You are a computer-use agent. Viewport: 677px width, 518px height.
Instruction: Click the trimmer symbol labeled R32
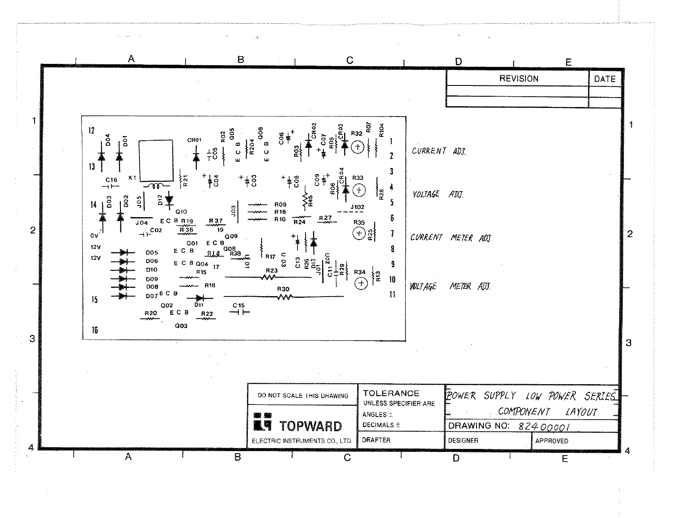(x=357, y=148)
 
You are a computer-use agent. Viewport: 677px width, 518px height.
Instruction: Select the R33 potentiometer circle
(x=358, y=190)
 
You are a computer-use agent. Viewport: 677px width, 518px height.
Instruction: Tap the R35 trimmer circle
(x=359, y=234)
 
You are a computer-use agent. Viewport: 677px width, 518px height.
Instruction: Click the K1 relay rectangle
(x=156, y=160)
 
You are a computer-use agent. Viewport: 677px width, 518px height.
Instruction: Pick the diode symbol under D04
(x=101, y=157)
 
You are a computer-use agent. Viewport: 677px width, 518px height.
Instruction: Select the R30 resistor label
(x=283, y=289)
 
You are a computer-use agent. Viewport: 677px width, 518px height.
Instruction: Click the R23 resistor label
(x=272, y=271)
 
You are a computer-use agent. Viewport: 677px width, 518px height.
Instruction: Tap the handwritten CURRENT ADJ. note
(x=439, y=151)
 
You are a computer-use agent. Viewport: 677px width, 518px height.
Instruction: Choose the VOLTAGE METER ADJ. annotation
(x=450, y=287)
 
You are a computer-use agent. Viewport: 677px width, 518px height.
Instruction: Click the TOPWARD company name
(x=311, y=426)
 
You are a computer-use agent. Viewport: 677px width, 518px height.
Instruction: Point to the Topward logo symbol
(x=263, y=422)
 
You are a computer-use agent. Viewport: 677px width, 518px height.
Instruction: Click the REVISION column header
(x=519, y=79)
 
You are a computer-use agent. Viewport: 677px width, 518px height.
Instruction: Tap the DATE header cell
(x=604, y=79)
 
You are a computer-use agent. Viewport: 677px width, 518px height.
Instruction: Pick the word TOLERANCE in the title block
(x=391, y=393)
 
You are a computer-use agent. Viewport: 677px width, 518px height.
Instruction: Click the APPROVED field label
(x=551, y=441)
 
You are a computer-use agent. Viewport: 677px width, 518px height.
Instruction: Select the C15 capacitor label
(x=238, y=306)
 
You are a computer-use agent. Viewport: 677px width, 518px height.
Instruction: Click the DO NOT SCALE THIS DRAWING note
(x=303, y=395)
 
